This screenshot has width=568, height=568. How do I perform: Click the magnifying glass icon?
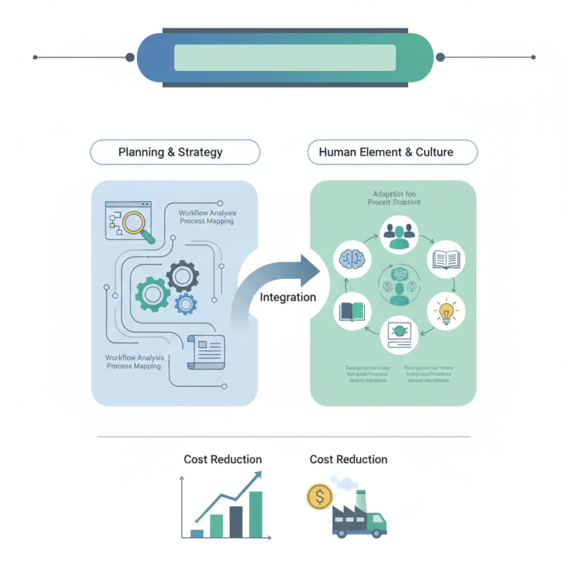coord(134,223)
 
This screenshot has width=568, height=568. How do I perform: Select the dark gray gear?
coord(182,274)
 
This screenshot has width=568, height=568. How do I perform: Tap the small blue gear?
coord(185,303)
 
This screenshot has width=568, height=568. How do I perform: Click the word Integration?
coord(288,297)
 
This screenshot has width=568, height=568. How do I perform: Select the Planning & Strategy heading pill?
coord(175,152)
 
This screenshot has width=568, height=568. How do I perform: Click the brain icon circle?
coord(352,258)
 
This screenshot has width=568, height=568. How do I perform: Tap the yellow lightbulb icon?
coord(447,311)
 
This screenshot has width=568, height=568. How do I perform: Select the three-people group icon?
coord(398,235)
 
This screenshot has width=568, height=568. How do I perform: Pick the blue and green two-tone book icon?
coord(352,312)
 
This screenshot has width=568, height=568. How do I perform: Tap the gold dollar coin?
coord(319,496)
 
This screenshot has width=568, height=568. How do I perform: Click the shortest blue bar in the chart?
coord(197,532)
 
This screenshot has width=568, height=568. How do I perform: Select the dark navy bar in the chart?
coord(236,521)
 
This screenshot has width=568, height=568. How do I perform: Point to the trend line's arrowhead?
coord(256,478)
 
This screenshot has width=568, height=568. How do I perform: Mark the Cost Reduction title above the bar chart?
coord(222,459)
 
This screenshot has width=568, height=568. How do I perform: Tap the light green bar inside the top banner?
coord(285,58)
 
